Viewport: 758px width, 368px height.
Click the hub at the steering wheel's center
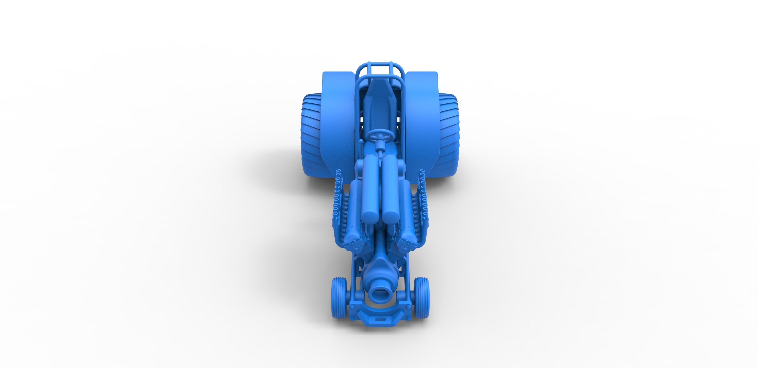point(380,137)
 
